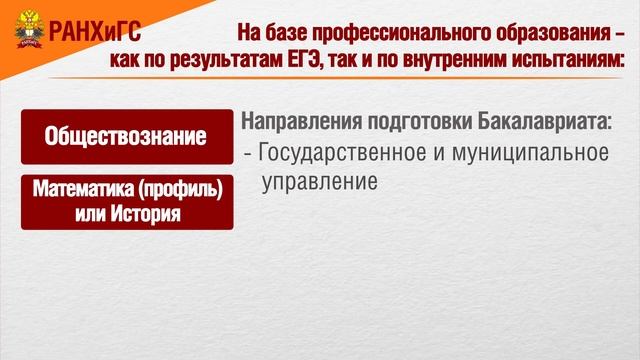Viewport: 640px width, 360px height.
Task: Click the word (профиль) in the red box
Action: pyautogui.click(x=180, y=188)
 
